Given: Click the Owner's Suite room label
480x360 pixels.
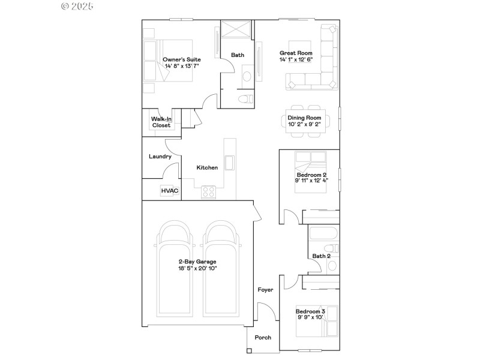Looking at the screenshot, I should [181, 59].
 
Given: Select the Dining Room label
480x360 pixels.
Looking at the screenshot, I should [305, 118].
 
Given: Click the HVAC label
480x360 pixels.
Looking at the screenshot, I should [169, 191].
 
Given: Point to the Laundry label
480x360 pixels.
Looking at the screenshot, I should [160, 157].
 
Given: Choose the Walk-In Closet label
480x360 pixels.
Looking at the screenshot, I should [161, 122].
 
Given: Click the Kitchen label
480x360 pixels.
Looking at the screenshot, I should [207, 167].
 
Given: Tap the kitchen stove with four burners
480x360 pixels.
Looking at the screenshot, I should [209, 192].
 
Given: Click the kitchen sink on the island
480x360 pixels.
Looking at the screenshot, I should [229, 162].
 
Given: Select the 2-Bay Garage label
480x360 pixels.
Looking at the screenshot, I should [197, 261].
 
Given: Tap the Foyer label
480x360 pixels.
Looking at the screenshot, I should [265, 290].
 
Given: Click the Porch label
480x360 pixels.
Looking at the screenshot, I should [263, 337].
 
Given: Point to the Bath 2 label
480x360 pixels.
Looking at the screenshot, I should [321, 256].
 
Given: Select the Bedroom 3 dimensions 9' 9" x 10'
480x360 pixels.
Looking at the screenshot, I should [310, 318].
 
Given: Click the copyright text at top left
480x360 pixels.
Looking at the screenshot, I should [78, 6].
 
